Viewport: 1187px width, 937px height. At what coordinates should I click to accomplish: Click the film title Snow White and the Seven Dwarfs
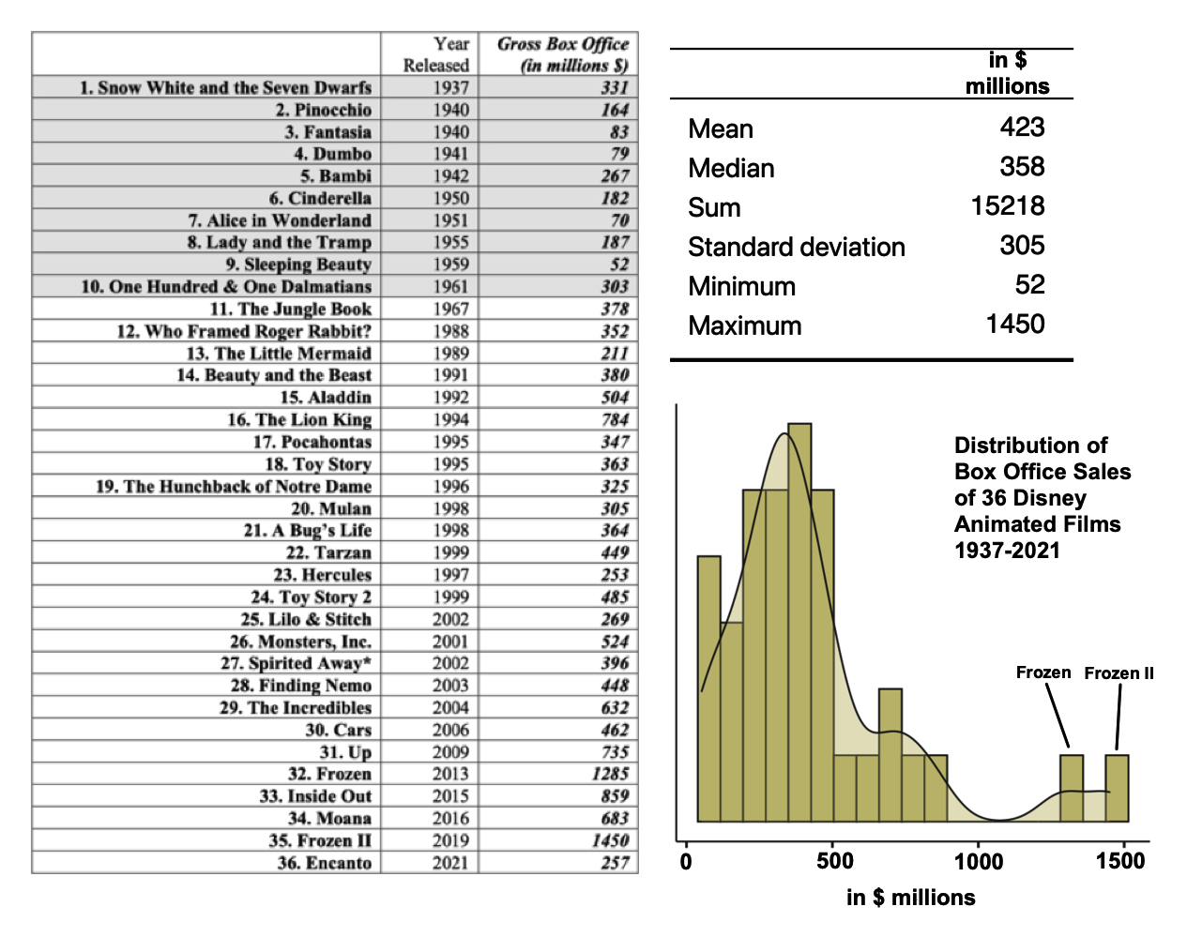click(x=225, y=87)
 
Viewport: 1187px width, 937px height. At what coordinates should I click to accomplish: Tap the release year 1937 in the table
click(x=450, y=87)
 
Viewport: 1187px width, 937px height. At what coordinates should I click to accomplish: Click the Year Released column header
click(x=436, y=54)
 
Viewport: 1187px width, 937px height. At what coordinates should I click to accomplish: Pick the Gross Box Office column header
click(x=562, y=54)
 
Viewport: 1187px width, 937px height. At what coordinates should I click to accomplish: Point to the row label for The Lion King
click(x=299, y=419)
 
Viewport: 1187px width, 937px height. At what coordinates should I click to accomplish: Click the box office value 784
click(x=615, y=419)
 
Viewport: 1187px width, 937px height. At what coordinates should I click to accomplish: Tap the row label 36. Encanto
click(x=324, y=863)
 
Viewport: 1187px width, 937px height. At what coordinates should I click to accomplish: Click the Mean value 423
click(x=1022, y=128)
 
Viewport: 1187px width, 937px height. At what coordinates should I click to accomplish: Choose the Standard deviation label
click(x=796, y=247)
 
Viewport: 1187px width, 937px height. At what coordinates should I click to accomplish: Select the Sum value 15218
click(x=1008, y=206)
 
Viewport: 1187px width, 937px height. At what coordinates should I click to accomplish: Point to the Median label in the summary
click(x=731, y=168)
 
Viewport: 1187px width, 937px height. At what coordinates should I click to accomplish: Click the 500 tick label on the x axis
click(x=834, y=861)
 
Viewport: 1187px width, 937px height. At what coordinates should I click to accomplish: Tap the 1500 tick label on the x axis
click(x=1119, y=861)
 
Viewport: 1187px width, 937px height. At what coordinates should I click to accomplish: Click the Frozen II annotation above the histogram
click(x=1119, y=673)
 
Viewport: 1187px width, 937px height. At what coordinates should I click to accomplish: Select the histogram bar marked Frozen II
click(x=1117, y=788)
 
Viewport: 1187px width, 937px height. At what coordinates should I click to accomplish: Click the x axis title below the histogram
click(x=910, y=898)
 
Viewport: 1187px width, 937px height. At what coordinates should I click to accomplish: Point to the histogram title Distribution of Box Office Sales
click(x=1042, y=497)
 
